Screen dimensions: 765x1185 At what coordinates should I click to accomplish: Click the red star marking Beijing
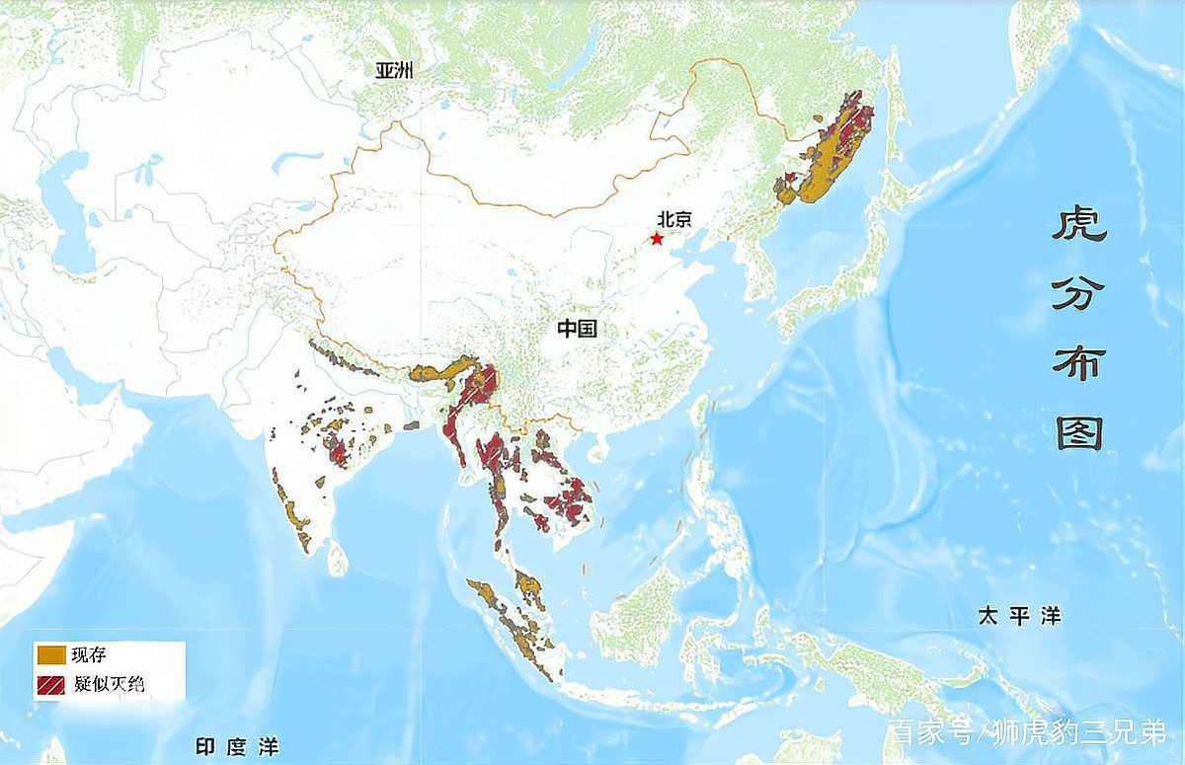click(x=657, y=239)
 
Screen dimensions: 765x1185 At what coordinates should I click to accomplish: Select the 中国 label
click(x=577, y=329)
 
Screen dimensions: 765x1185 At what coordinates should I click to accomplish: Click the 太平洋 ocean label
click(x=1019, y=616)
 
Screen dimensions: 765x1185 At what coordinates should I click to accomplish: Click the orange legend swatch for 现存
click(x=51, y=654)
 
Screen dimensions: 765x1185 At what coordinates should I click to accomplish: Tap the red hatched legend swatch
click(x=51, y=683)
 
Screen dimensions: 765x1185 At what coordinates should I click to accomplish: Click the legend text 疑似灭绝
click(x=109, y=684)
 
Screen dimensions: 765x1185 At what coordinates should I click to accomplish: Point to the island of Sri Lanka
click(x=338, y=559)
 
